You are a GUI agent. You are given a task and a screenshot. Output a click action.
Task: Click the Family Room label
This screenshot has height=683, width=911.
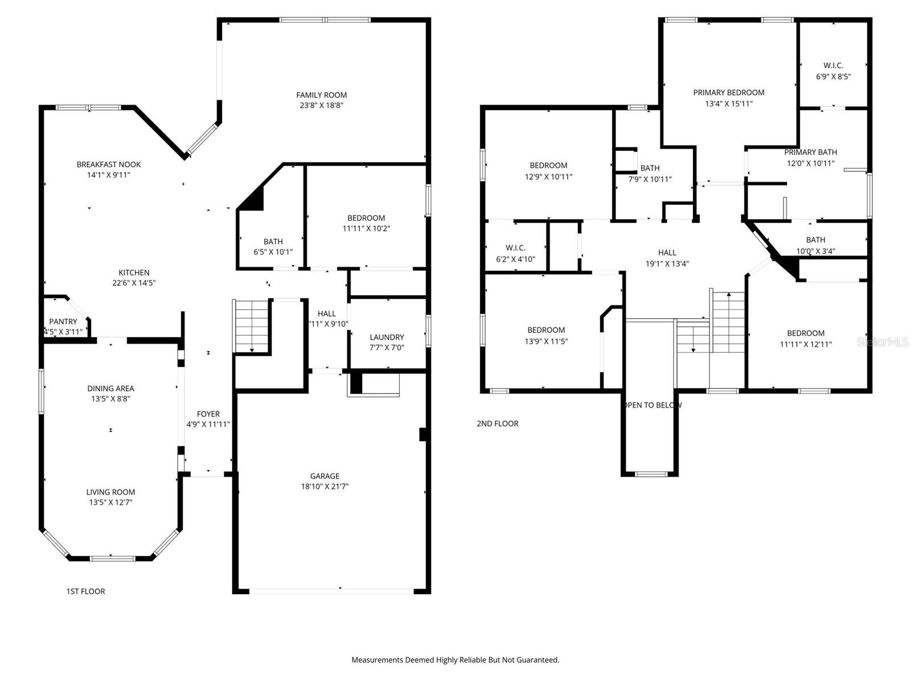[x=321, y=95]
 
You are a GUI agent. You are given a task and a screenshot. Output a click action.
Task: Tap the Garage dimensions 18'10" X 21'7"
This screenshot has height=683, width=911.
[x=325, y=487]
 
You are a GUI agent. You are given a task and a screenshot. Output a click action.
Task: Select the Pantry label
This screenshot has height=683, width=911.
[x=63, y=322]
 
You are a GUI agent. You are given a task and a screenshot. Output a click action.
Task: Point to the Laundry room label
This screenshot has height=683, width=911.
[x=387, y=337]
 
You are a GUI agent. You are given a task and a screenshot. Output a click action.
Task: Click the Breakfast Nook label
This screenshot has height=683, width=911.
[x=108, y=164]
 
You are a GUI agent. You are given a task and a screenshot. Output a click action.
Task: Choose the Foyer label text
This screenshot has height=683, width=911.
[x=208, y=414]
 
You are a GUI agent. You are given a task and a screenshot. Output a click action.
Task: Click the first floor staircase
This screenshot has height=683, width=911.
[x=251, y=326]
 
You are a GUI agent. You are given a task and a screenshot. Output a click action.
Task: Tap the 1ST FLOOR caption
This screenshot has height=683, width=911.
[x=85, y=591]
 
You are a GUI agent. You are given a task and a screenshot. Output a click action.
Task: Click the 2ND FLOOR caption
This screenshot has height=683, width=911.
[x=497, y=423]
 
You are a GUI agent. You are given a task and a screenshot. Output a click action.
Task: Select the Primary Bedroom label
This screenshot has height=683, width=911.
[x=728, y=92]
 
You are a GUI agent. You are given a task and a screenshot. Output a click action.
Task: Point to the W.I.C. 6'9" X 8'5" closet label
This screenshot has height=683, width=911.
[x=833, y=65]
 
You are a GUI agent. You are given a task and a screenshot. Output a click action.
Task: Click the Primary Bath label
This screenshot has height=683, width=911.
[x=810, y=152]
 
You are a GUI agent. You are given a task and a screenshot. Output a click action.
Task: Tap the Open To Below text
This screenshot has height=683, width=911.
[x=653, y=405]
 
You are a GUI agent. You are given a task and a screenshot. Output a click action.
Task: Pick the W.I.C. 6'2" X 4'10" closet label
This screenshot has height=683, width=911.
[x=515, y=248]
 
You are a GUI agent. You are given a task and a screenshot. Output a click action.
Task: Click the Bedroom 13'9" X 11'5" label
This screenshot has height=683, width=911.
[x=546, y=330]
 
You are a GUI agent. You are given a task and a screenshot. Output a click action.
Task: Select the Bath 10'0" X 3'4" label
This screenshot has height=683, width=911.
[x=815, y=240]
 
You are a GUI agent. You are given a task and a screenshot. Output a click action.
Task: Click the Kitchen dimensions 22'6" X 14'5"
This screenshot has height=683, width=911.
[x=134, y=283]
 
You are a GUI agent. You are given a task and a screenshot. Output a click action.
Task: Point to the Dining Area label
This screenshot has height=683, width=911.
[x=110, y=388]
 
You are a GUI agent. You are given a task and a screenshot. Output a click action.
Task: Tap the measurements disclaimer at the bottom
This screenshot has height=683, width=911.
[x=455, y=660]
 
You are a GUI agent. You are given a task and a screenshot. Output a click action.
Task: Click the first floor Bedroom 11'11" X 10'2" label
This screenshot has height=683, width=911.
[x=366, y=218]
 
